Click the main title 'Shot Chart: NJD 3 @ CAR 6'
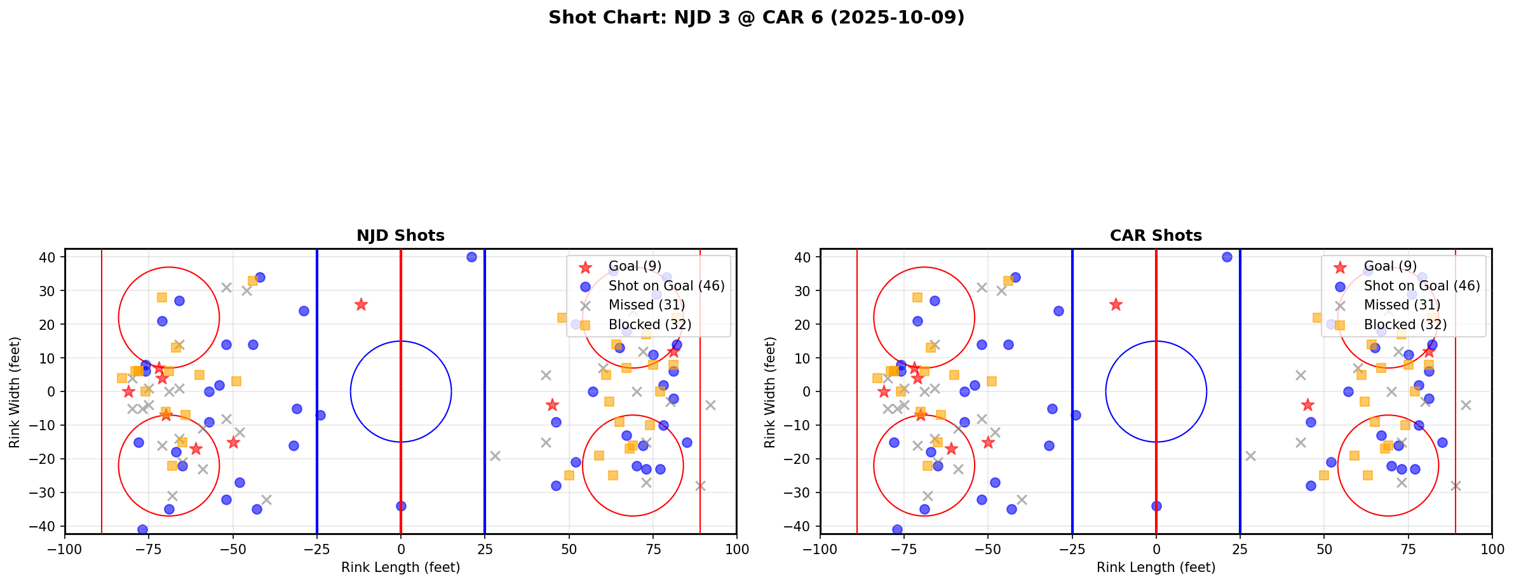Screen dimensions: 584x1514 coord(756,18)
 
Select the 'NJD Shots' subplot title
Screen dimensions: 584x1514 coord(400,236)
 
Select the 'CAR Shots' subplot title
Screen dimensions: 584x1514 coord(1156,236)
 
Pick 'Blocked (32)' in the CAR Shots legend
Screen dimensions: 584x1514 coord(1405,325)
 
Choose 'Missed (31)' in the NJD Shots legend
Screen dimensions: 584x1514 coord(646,305)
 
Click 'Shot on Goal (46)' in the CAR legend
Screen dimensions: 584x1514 coord(1422,286)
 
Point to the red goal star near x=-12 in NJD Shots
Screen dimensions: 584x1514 coord(361,304)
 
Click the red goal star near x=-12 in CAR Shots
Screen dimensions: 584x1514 coord(1116,304)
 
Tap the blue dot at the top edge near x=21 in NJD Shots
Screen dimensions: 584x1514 coord(471,257)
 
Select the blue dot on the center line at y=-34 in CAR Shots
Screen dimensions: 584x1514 coord(1156,506)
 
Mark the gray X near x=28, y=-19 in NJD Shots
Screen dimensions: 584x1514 coord(495,456)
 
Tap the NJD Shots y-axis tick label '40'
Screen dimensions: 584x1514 coord(50,257)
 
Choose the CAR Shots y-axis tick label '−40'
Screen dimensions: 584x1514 coord(802,526)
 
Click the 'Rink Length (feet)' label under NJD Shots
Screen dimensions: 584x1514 coord(400,567)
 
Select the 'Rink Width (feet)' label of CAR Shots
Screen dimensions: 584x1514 coord(771,392)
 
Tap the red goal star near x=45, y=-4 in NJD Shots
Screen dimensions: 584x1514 coord(552,405)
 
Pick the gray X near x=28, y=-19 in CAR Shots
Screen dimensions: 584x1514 coord(1250,456)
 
